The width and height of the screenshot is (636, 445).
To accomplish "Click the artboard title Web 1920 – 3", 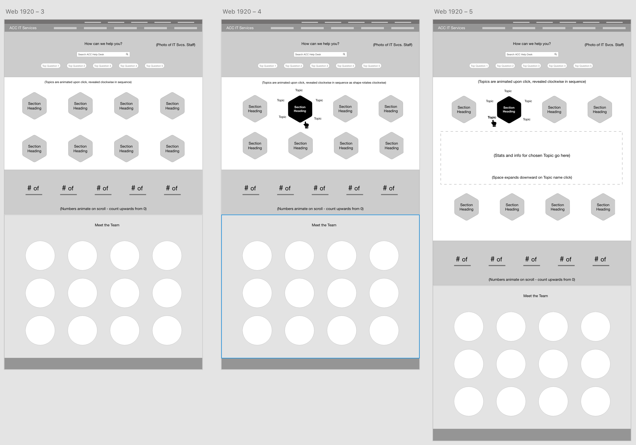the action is (x=25, y=12).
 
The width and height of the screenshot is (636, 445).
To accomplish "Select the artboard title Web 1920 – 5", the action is (x=453, y=12).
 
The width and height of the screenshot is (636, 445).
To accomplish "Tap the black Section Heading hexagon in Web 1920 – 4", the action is (x=300, y=109).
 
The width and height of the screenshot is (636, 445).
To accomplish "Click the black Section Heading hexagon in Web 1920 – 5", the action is (x=509, y=110).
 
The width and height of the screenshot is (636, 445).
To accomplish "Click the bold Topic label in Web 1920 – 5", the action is (x=492, y=117).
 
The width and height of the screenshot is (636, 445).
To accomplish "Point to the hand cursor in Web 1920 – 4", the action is (x=306, y=125).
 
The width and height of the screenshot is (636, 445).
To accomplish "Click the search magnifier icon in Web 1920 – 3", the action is (x=127, y=54).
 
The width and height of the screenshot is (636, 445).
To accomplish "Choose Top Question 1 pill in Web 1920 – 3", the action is (x=50, y=66).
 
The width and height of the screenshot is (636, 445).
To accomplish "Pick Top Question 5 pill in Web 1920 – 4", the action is (x=371, y=66).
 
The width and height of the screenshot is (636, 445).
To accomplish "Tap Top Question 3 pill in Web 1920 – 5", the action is (x=531, y=66).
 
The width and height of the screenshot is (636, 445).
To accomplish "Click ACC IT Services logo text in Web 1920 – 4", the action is (x=240, y=28).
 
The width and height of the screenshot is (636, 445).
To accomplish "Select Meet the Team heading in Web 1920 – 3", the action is (x=107, y=225).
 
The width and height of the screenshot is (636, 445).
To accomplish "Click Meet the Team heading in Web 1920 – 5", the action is (x=535, y=296).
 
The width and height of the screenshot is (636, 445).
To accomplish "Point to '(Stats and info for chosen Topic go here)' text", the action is (x=532, y=156).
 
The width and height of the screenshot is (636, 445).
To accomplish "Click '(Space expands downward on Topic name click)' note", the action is (x=532, y=178).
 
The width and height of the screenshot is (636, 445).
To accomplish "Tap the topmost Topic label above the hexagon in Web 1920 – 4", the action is (x=299, y=90).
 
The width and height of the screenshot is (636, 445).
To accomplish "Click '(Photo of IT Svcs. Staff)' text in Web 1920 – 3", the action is (x=175, y=45).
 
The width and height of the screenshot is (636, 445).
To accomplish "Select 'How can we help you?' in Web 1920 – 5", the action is (x=532, y=44).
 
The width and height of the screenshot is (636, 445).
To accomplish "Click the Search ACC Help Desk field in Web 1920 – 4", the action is (x=320, y=54).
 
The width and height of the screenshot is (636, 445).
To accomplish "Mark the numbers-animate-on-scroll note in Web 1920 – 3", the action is (x=103, y=209).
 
